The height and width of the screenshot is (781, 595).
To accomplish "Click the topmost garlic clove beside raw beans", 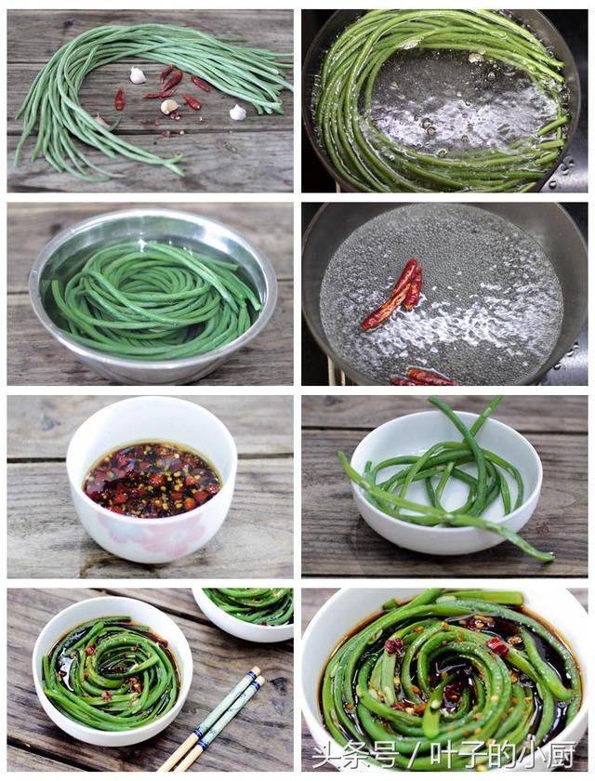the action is (x=138, y=74).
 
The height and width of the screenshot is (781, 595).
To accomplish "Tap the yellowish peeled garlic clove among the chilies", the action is (x=169, y=106).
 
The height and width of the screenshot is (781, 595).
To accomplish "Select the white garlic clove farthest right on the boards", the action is (x=238, y=113).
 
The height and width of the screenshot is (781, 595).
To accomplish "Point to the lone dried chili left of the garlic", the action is (x=120, y=99).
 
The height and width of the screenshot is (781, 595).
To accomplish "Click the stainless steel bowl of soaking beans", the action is (x=152, y=295).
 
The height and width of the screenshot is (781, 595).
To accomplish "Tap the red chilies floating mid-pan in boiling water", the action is (x=393, y=295).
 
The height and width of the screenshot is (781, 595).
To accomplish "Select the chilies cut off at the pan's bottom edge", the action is (x=423, y=377).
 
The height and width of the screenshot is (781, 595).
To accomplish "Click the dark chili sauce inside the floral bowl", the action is (x=152, y=478).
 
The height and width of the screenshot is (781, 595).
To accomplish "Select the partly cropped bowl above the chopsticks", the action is (x=243, y=615).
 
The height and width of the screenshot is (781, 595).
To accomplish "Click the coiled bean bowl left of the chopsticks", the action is (x=112, y=671).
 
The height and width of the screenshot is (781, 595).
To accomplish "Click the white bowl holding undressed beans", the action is (x=446, y=483).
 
